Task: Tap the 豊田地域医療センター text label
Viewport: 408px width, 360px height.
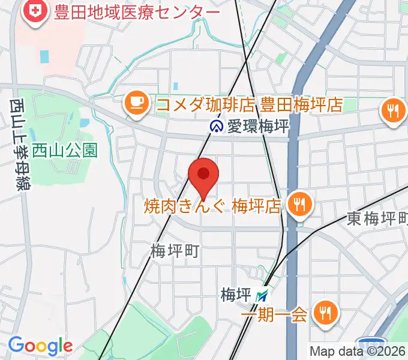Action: (x=136, y=12)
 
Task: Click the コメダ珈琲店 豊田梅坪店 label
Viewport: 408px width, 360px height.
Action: (x=249, y=105)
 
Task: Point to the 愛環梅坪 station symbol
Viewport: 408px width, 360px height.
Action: (x=216, y=127)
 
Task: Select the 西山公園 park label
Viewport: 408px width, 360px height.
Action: (x=65, y=149)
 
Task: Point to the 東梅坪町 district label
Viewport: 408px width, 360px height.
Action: (x=377, y=219)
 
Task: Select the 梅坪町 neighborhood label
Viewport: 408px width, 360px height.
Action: (x=175, y=251)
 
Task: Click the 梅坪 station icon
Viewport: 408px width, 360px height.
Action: (x=262, y=296)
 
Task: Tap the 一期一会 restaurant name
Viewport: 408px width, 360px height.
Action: (x=274, y=314)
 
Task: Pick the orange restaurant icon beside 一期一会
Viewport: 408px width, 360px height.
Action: (x=326, y=313)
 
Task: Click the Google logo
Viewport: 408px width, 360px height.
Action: (x=40, y=346)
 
